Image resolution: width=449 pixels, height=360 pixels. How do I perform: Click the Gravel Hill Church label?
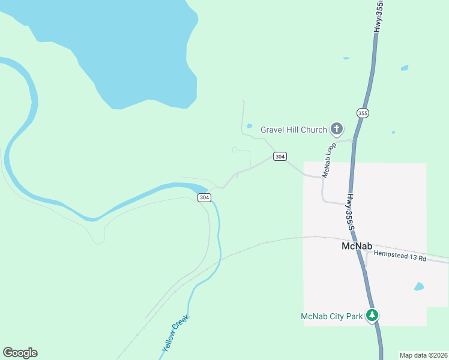pyautogui.click(x=294, y=130)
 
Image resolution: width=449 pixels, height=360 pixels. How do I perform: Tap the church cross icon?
pyautogui.click(x=337, y=128)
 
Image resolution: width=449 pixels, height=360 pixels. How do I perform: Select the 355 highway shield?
pyautogui.click(x=363, y=113)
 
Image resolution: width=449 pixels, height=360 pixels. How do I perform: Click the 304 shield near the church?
pyautogui.click(x=280, y=157)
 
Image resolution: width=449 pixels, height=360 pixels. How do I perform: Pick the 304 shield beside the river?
pyautogui.click(x=204, y=197)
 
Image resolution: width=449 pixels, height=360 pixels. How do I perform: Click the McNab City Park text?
pyautogui.click(x=332, y=316)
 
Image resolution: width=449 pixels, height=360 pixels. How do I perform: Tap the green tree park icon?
pyautogui.click(x=373, y=315)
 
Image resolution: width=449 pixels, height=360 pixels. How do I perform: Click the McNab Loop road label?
pyautogui.click(x=329, y=160)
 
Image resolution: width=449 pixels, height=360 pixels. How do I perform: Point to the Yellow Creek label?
pyautogui.click(x=175, y=334)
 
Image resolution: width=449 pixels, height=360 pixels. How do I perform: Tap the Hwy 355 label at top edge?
pyautogui.click(x=378, y=16)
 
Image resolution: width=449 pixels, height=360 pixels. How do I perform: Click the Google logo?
pyautogui.click(x=20, y=353)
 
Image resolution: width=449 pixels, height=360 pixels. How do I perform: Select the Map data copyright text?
pyautogui.click(x=423, y=355)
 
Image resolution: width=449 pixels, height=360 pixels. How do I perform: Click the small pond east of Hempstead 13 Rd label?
pyautogui.click(x=419, y=286)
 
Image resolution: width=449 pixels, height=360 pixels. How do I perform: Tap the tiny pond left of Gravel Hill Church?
pyautogui.click(x=249, y=126)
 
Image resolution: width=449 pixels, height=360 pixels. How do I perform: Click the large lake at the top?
pyautogui.click(x=120, y=48)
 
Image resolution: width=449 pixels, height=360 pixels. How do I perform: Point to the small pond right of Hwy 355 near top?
pyautogui.click(x=405, y=68)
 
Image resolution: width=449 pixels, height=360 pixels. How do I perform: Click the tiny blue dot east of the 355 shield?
pyautogui.click(x=393, y=132)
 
